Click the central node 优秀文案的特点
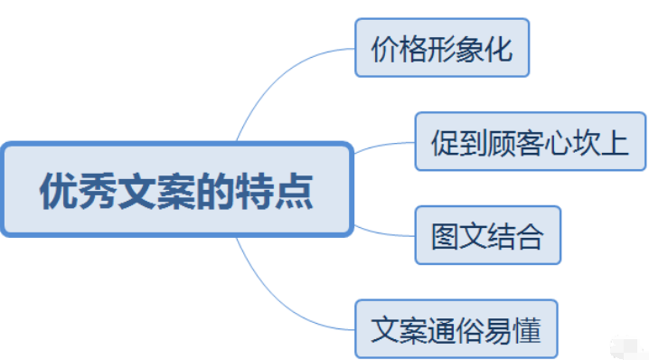coord(175,189)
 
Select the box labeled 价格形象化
coord(441,48)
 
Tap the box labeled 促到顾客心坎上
coord(530,142)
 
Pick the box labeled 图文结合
coord(487,236)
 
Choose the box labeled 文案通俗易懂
coord(456,330)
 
